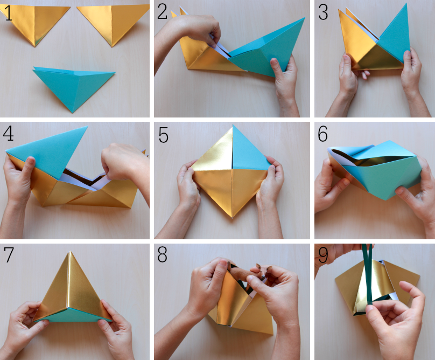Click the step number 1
(x=9, y=13)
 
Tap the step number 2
(x=162, y=12)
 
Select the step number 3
(x=323, y=12)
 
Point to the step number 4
(x=8, y=134)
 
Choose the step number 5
(x=164, y=135)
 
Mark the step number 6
(x=322, y=134)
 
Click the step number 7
(x=9, y=255)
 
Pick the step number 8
(x=162, y=254)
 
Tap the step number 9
(x=323, y=255)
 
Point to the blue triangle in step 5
(x=248, y=151)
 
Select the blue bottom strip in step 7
(x=72, y=315)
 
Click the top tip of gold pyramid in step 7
(x=70, y=252)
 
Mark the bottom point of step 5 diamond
(x=232, y=218)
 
